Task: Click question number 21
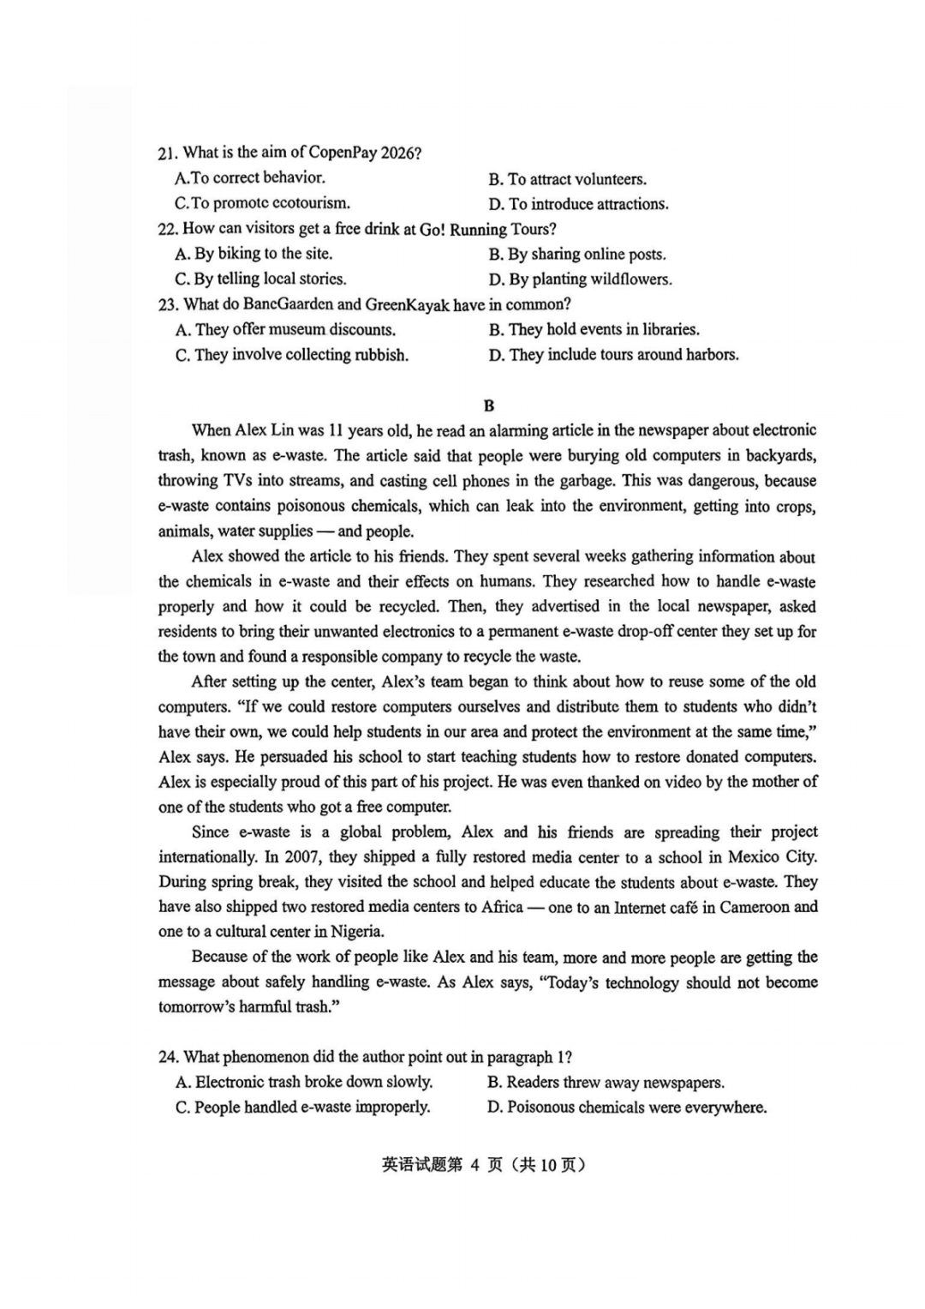coord(167,153)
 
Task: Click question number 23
coord(168,304)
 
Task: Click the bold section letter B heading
coord(488,405)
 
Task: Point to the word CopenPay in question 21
coord(342,153)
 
